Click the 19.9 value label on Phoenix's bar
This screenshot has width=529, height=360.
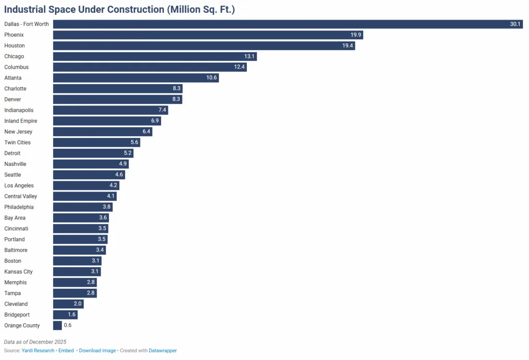pyautogui.click(x=356, y=35)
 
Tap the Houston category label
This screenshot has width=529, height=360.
pyautogui.click(x=14, y=46)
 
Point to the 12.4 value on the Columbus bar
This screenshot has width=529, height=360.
pyautogui.click(x=240, y=67)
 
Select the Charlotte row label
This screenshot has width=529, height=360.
pyautogui.click(x=15, y=89)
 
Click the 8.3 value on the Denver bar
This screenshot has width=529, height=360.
pyautogui.click(x=176, y=100)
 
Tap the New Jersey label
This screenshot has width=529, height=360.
pyautogui.click(x=18, y=132)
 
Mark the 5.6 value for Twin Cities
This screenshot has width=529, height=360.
pyautogui.click(x=134, y=143)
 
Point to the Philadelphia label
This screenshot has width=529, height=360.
pyautogui.click(x=19, y=207)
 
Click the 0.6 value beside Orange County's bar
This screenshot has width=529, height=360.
pyautogui.click(x=68, y=325)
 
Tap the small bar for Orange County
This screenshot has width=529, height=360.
pyautogui.click(x=57, y=325)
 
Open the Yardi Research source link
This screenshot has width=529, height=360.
pyautogui.click(x=38, y=351)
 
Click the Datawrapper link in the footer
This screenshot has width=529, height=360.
pyautogui.click(x=163, y=351)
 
